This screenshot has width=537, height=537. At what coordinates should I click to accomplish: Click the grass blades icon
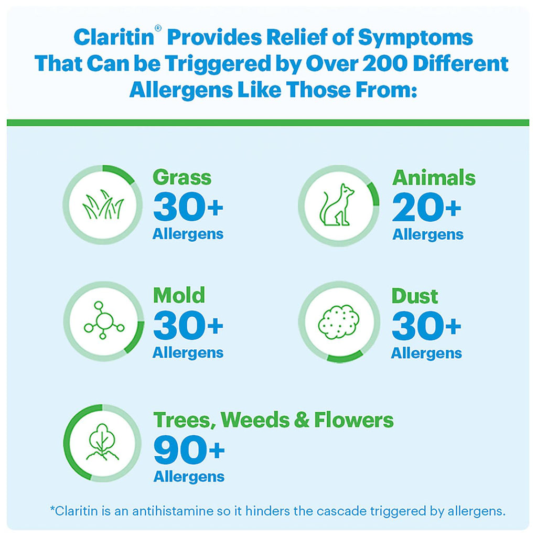[x=103, y=205]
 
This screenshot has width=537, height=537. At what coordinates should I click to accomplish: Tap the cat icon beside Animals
[x=337, y=205]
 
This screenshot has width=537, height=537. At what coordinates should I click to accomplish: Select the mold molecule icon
[x=104, y=320]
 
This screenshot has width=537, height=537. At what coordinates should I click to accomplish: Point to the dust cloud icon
[x=338, y=322]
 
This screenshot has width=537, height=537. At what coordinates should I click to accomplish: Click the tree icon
[x=102, y=442]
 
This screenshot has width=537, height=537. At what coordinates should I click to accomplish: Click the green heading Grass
[x=182, y=178]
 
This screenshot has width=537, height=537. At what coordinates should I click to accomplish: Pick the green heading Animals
[x=434, y=177]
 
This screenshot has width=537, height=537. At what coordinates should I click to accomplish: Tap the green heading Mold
[x=179, y=295]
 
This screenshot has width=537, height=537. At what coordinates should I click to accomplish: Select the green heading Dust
[x=414, y=296]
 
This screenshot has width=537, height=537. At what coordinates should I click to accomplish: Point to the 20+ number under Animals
[x=426, y=207]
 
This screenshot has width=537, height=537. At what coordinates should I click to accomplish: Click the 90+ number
[x=189, y=449]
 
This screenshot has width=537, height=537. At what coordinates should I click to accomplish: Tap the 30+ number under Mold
[x=188, y=325]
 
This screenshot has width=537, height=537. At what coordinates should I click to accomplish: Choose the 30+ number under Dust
[x=426, y=326]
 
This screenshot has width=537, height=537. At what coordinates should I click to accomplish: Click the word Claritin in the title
[x=114, y=37]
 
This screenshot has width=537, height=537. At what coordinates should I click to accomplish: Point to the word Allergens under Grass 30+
[x=188, y=234]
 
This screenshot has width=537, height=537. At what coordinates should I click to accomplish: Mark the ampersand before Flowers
[x=302, y=420]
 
